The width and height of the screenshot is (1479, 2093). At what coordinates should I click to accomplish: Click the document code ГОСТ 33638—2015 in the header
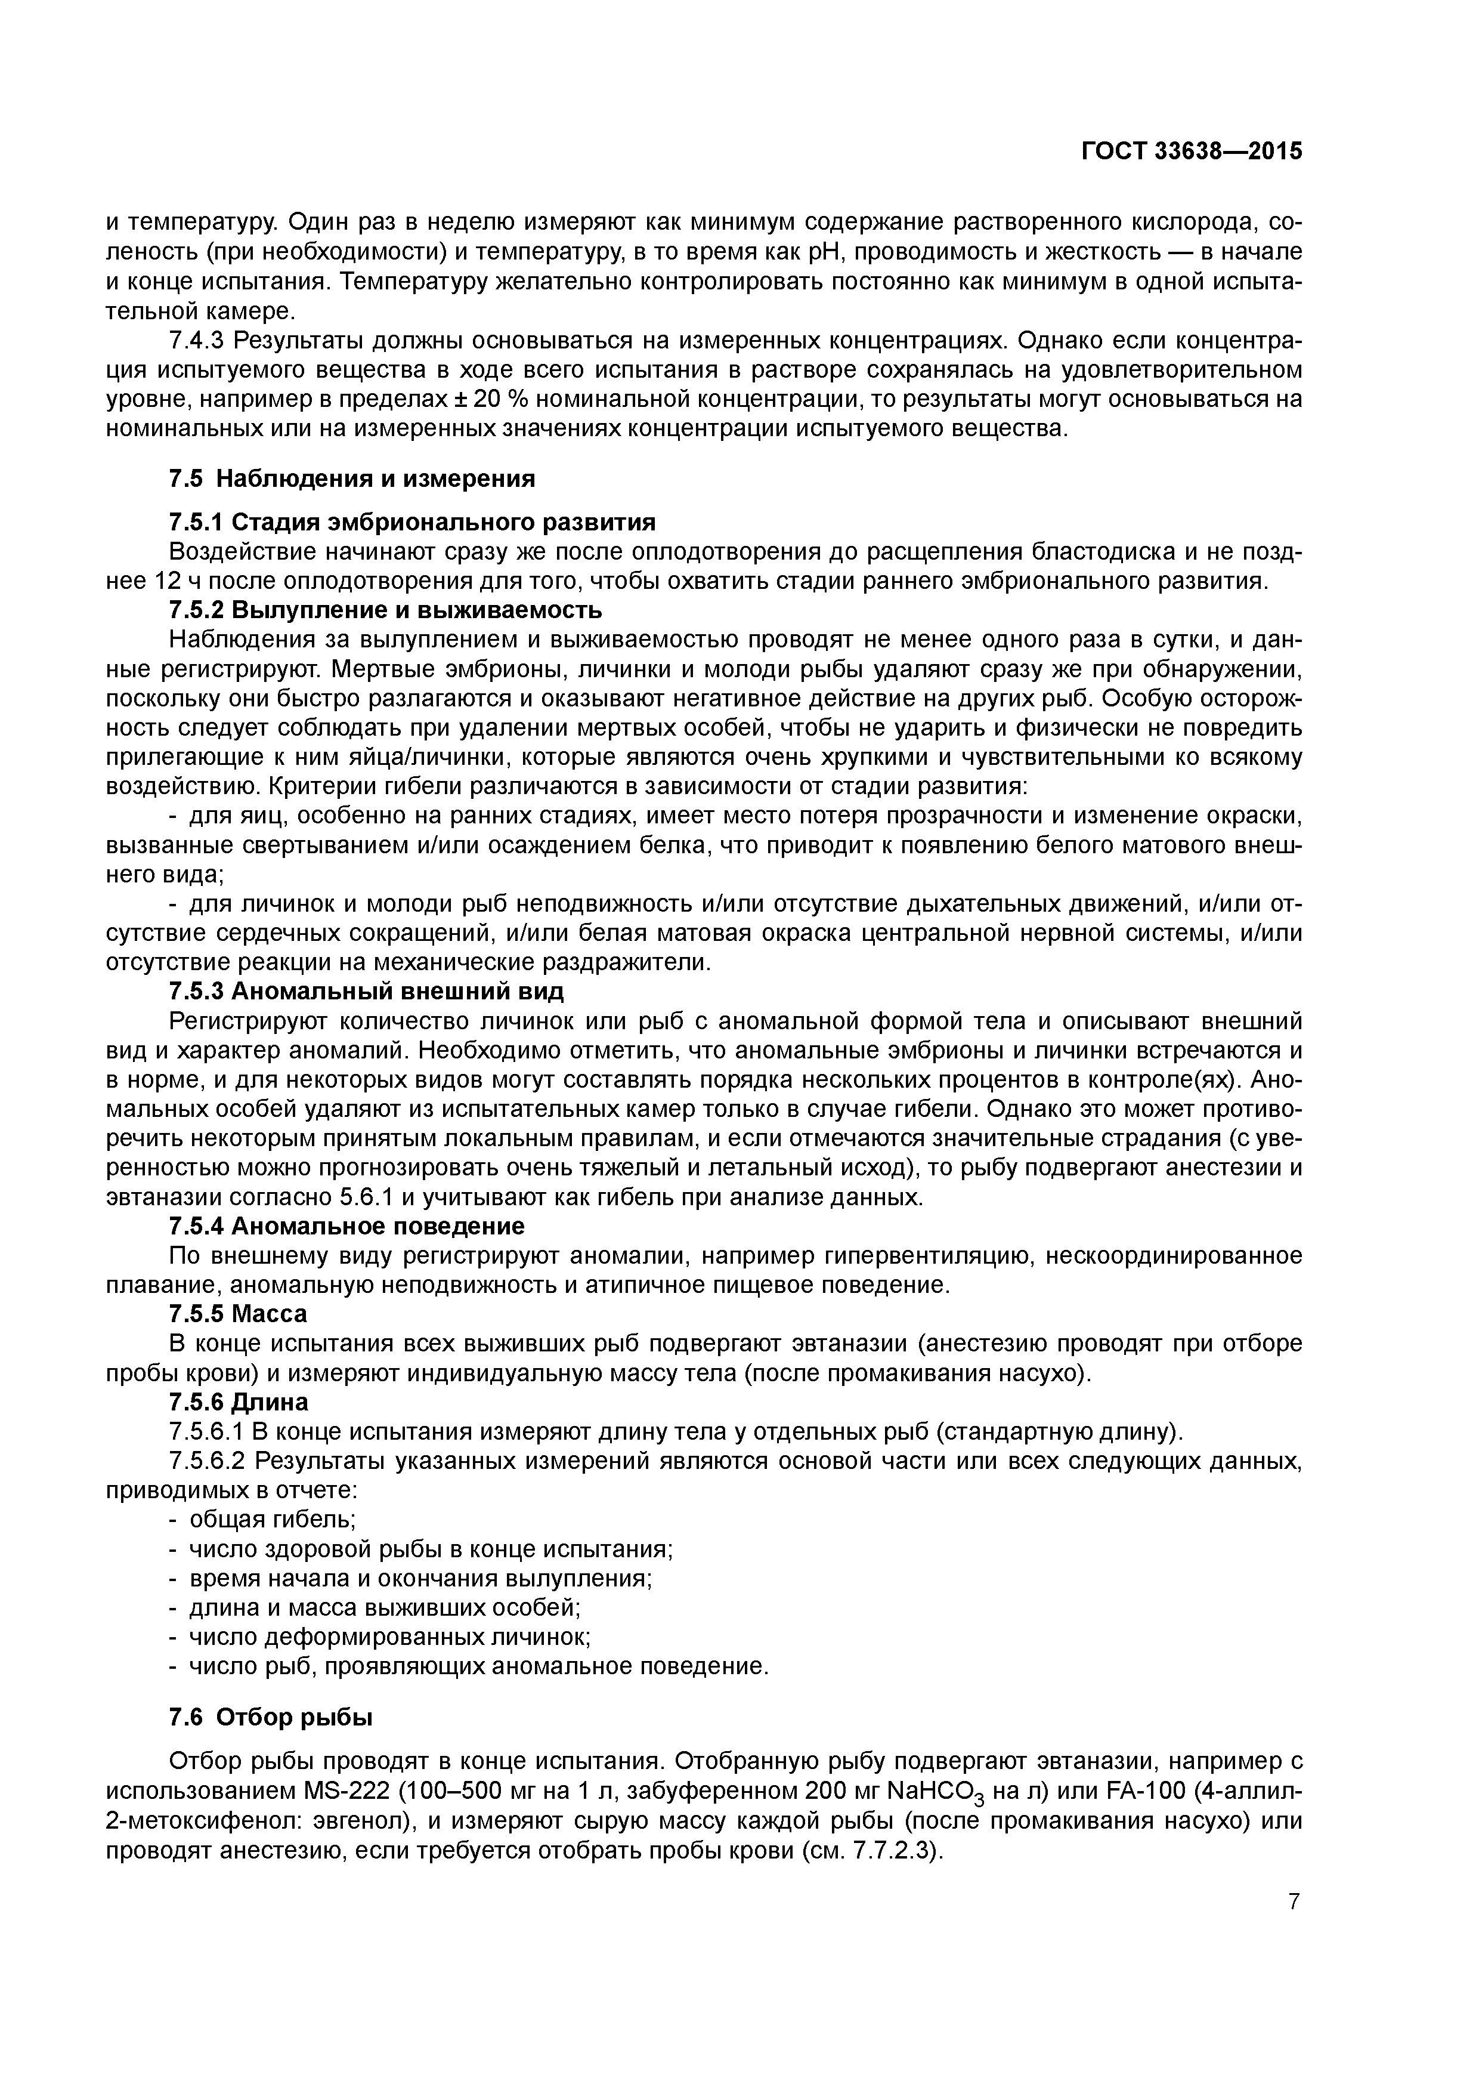pyautogui.click(x=1191, y=152)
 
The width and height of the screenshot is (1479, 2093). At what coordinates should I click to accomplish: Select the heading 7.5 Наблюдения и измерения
pyautogui.click(x=352, y=479)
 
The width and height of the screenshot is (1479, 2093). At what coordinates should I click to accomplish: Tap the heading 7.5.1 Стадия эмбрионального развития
pyautogui.click(x=412, y=522)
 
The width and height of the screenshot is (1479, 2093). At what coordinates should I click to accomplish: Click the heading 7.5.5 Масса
pyautogui.click(x=239, y=1314)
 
